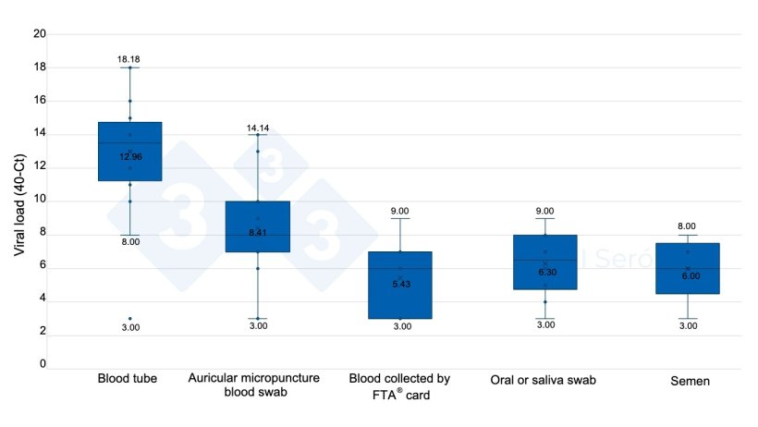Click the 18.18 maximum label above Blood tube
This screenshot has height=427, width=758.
pos(128,59)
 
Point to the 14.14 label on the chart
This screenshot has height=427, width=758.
pos(258,128)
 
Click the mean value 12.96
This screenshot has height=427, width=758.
pos(130,157)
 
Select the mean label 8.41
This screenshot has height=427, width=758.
pos(258,232)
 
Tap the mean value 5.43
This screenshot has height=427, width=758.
pos(400,283)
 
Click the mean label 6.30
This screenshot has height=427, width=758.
pos(546,273)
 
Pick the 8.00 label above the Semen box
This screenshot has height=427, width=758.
pos(688,226)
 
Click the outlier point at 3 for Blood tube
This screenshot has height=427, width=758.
pos(129,319)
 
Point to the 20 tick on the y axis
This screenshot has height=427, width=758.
pos(40,34)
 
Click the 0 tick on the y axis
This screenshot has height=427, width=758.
pos(43,365)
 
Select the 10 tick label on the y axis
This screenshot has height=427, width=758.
pos(40,201)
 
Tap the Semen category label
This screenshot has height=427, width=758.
pos(688,379)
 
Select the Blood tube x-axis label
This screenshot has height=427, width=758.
pos(128,379)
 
